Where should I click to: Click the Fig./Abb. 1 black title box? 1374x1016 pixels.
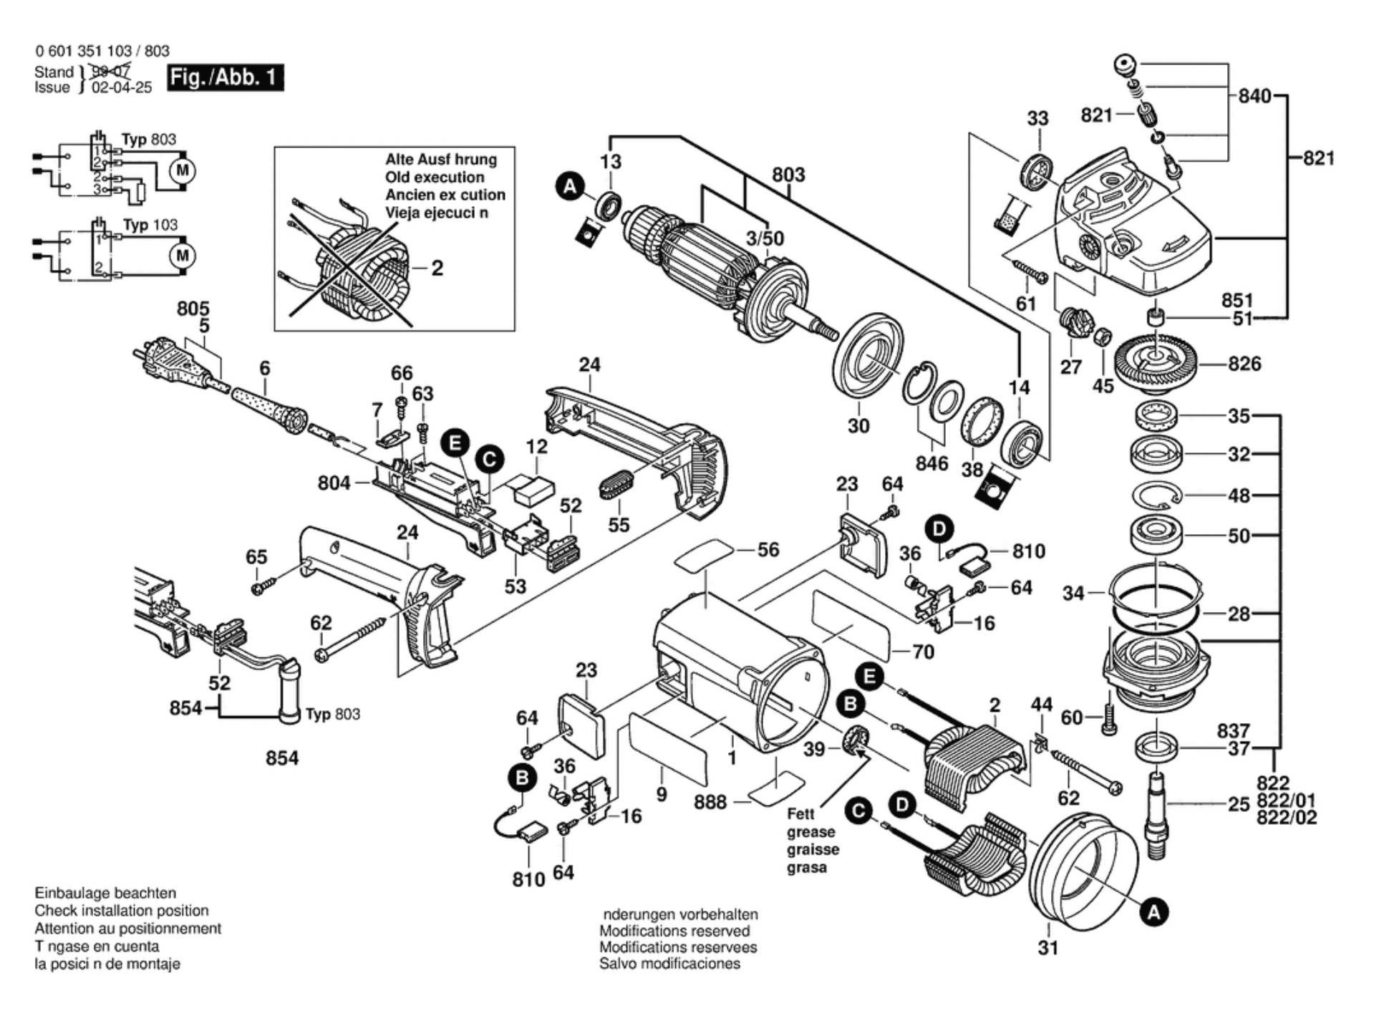tap(225, 77)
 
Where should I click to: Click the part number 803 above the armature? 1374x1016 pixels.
tap(788, 175)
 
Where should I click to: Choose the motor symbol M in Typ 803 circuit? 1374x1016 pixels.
tap(183, 170)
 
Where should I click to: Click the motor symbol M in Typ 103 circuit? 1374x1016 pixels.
tap(183, 256)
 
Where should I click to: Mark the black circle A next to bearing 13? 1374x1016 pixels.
tap(570, 188)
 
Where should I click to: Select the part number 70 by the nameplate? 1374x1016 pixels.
tap(923, 652)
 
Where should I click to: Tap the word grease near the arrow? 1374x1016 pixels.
tap(811, 832)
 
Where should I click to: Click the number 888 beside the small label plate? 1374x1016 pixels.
tap(710, 802)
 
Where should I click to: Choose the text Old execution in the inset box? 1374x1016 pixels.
tap(435, 178)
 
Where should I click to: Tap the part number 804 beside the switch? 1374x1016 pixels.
tap(334, 483)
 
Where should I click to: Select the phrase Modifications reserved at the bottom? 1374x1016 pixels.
tap(674, 931)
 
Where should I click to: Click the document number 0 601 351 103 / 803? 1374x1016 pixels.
tap(102, 51)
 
